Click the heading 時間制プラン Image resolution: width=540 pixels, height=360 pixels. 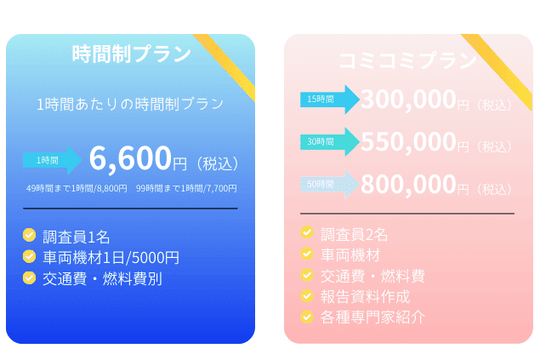tap(131, 54)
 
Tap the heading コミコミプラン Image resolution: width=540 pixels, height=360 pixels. tap(407, 60)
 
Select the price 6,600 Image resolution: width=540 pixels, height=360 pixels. tap(130, 158)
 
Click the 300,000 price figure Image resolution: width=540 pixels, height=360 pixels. tap(408, 100)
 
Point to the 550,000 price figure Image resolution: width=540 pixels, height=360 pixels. tap(408, 141)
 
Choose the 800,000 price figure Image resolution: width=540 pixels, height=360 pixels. tap(408, 184)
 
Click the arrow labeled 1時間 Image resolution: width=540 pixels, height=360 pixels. tap(52, 160)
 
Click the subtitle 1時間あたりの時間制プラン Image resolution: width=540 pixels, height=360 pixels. tap(130, 104)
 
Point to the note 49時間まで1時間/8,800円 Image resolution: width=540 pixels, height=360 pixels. tap(77, 188)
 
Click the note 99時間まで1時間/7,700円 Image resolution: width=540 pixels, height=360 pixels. tap(186, 188)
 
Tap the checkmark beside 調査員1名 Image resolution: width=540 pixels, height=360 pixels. tap(30, 235)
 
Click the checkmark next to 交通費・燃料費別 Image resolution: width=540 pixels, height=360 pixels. tap(30, 277)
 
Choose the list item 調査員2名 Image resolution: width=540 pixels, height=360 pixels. tap(355, 234)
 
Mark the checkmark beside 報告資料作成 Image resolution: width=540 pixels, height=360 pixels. tap(307, 296)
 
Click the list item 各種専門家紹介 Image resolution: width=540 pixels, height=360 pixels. tap(372, 317)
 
